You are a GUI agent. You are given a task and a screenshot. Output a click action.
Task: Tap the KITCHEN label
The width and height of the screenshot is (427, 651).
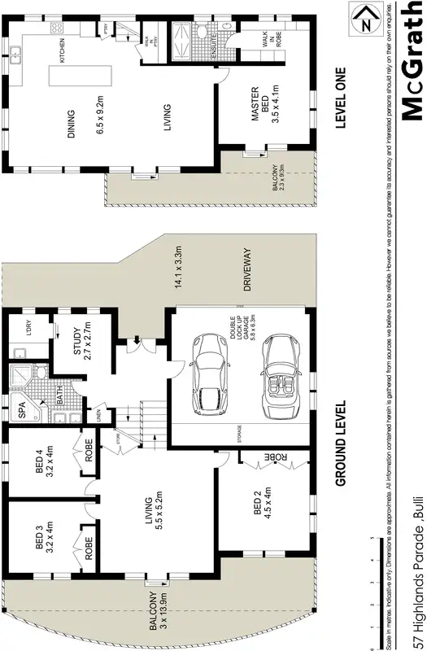tap(63, 54)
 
